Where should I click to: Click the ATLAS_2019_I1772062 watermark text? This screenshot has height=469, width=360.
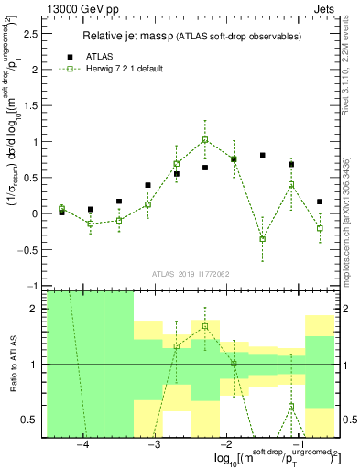(x=190, y=273)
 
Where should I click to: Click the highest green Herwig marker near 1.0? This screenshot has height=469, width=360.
(x=205, y=139)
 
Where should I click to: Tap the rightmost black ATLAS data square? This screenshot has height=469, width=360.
(x=320, y=202)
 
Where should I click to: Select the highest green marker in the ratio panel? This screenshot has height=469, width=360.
(x=205, y=326)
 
